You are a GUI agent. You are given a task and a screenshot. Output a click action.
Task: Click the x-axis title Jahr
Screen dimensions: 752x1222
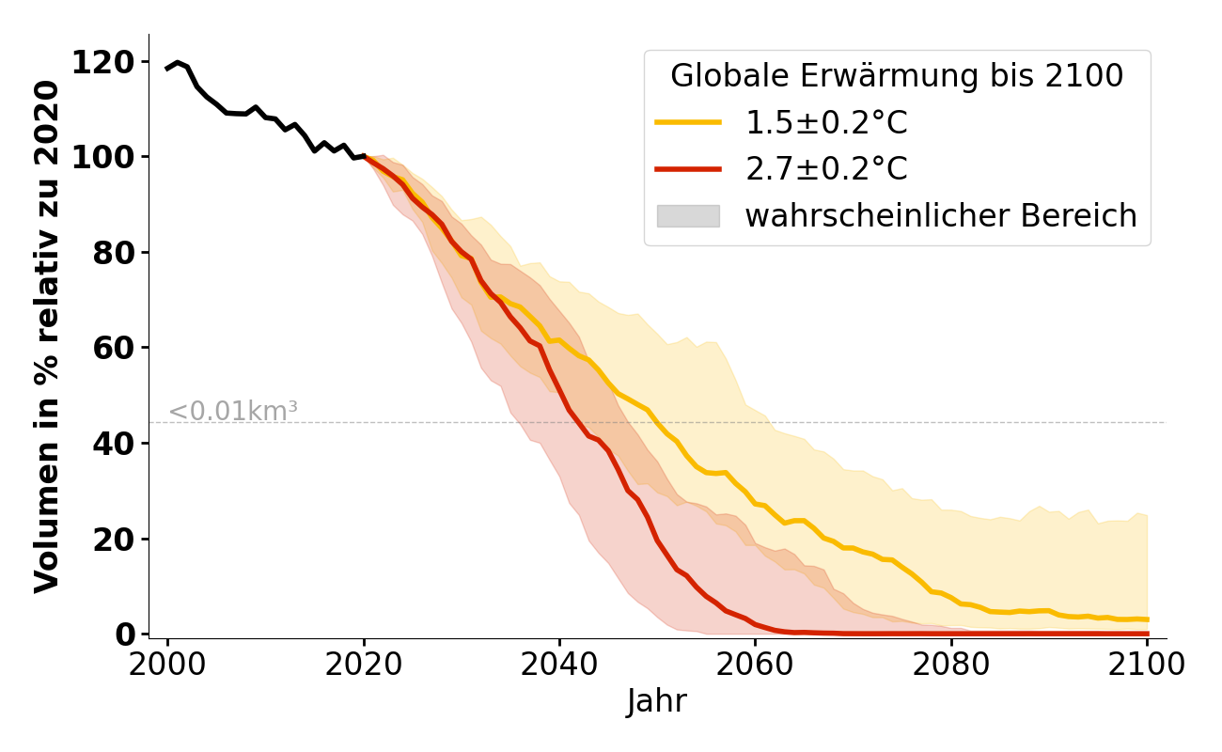pos(657,701)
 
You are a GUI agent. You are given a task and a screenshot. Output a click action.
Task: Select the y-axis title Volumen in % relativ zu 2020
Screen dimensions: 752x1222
pos(47,336)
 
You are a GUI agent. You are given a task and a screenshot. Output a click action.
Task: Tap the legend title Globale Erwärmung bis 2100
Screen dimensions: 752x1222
pos(897,76)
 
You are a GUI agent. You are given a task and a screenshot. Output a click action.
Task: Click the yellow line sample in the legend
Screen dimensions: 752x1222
pos(688,123)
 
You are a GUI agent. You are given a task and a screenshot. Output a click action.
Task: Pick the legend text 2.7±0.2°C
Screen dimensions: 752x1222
pos(826,169)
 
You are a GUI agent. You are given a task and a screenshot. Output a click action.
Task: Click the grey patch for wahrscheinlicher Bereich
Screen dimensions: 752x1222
pos(688,216)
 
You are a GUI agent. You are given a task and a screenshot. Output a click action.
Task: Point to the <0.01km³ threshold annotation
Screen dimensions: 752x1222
pos(233,411)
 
